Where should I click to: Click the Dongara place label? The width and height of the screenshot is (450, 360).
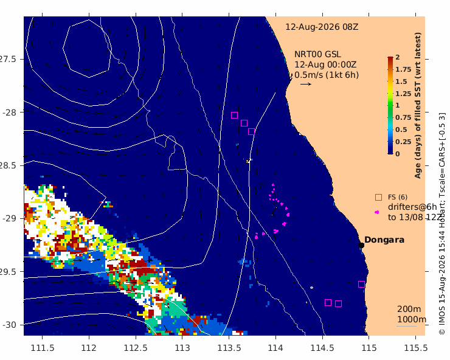coord(384,240)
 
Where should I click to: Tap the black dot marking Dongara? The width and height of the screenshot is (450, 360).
coord(361,245)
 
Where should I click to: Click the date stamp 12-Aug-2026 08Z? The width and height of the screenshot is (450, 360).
coord(322,27)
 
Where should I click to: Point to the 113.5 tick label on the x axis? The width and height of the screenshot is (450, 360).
coord(229,348)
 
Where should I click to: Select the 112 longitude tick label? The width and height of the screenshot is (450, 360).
coord(89,348)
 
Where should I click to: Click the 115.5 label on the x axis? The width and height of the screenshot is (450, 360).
coord(415,348)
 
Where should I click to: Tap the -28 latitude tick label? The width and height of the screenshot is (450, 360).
coord(10,112)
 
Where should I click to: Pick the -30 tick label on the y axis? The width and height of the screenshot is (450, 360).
coord(10,325)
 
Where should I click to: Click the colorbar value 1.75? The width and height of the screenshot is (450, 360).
coord(403,69)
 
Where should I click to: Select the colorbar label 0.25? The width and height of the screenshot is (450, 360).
coord(403,142)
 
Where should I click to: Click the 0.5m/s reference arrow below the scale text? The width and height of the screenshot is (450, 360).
coord(306,84)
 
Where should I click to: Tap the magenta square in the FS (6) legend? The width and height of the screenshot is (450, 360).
coord(378,197)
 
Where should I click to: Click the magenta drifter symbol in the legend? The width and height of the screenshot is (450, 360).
coord(377,212)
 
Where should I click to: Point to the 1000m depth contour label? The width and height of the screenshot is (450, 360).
coord(412,319)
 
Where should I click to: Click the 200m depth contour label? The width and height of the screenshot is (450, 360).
coord(409,309)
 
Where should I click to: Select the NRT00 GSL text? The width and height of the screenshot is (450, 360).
coord(317,54)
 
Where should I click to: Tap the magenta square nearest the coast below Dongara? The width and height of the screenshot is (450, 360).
coord(361,284)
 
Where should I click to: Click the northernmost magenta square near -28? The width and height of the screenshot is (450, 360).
coord(235,115)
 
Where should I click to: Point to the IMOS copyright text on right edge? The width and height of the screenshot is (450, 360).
coord(442,223)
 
